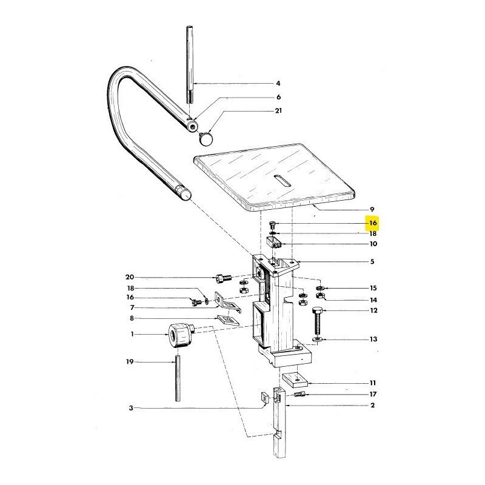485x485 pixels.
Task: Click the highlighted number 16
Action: [373, 223]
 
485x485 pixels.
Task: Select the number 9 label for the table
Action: [372, 209]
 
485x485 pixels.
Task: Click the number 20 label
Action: [129, 277]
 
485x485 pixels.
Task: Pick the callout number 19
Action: [129, 362]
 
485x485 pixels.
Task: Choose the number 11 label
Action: [373, 383]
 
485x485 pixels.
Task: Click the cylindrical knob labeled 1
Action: [178, 334]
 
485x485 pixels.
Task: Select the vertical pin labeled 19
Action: [179, 379]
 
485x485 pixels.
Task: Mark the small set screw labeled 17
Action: [299, 395]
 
